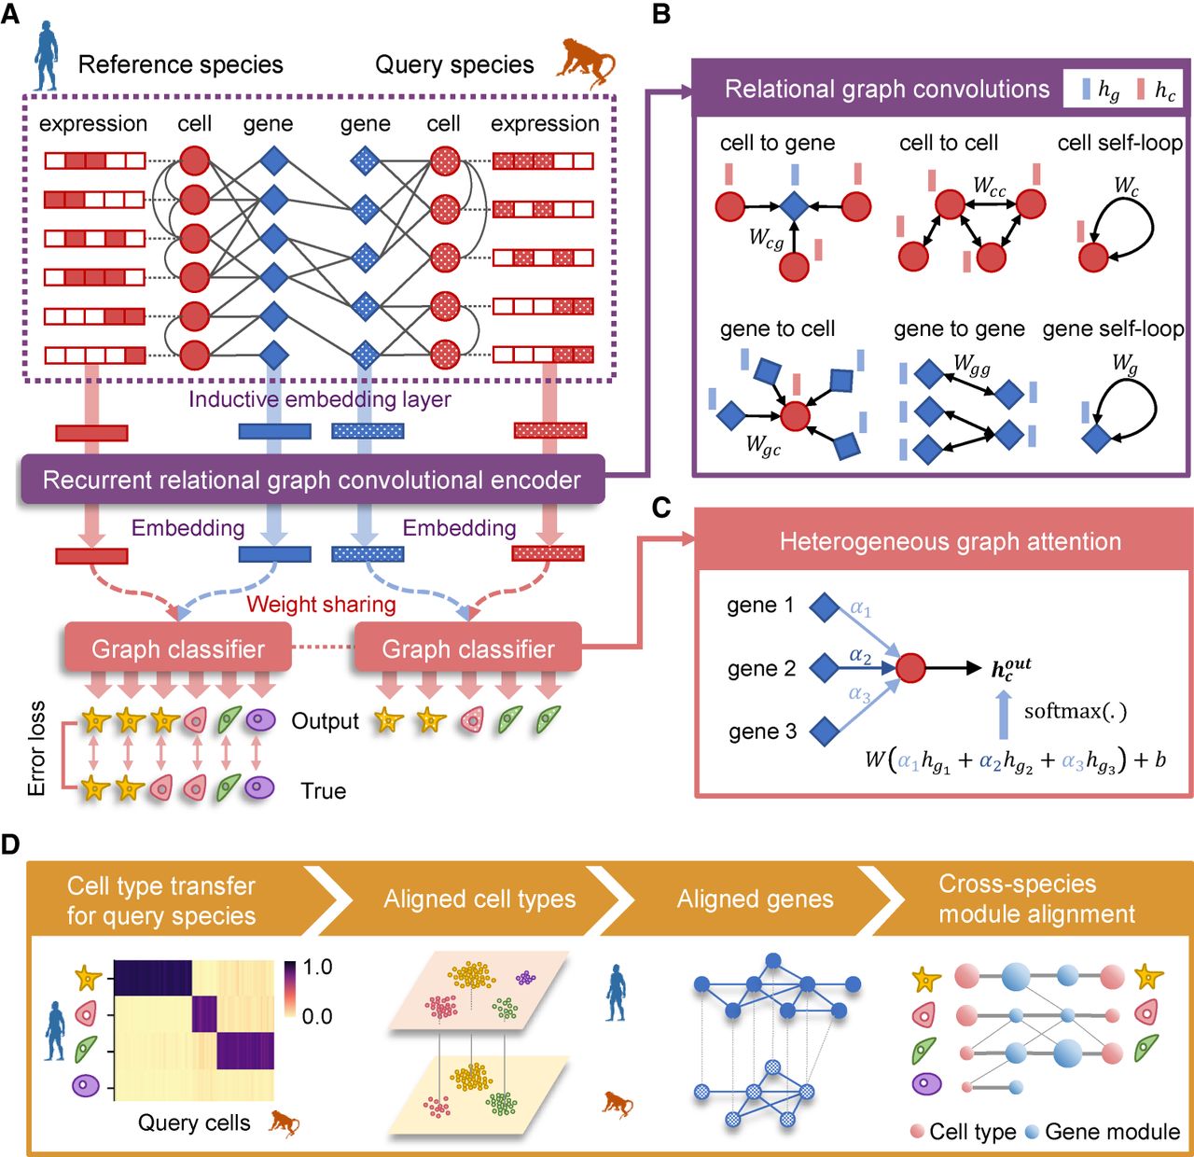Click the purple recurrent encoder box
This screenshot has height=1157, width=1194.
(x=312, y=480)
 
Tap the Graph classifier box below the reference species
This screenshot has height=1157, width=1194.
(x=178, y=648)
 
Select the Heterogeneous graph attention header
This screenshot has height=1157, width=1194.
(x=950, y=541)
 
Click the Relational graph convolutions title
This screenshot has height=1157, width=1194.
(x=886, y=89)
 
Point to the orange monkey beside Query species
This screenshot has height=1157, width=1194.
(x=585, y=63)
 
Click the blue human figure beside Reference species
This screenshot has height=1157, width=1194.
(x=47, y=57)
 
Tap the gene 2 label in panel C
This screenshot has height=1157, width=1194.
(x=761, y=668)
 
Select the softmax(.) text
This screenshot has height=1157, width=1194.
(x=1075, y=711)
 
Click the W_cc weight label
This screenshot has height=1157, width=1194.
(x=989, y=186)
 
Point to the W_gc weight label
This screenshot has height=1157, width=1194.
(x=763, y=444)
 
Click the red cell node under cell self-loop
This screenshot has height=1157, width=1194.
(x=1092, y=258)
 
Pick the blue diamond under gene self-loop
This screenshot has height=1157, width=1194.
(x=1096, y=438)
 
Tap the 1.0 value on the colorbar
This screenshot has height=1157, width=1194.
(x=317, y=968)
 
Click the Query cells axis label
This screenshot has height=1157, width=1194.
(x=194, y=1122)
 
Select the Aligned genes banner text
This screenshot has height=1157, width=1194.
(x=755, y=899)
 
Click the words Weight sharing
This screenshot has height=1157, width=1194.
(x=321, y=605)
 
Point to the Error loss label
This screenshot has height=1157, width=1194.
(x=36, y=748)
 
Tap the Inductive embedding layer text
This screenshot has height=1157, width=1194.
(x=320, y=399)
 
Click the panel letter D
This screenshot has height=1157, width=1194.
(x=10, y=845)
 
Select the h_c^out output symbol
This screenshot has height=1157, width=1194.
(x=1010, y=668)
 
